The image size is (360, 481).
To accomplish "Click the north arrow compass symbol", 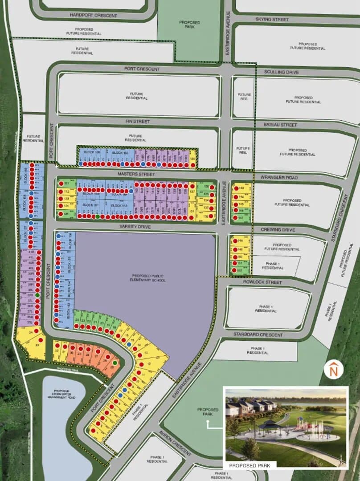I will (333, 370).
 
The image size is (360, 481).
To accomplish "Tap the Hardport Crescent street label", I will (94, 16).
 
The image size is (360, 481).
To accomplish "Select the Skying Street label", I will (272, 20).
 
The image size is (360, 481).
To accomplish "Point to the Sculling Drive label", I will (281, 72).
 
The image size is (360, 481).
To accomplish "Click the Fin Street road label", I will (137, 122).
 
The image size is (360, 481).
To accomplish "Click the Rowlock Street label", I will (262, 282).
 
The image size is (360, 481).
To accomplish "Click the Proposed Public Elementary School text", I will (146, 278).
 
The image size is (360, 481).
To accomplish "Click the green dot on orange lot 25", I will (115, 363).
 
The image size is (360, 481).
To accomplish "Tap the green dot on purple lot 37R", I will (38, 295).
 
